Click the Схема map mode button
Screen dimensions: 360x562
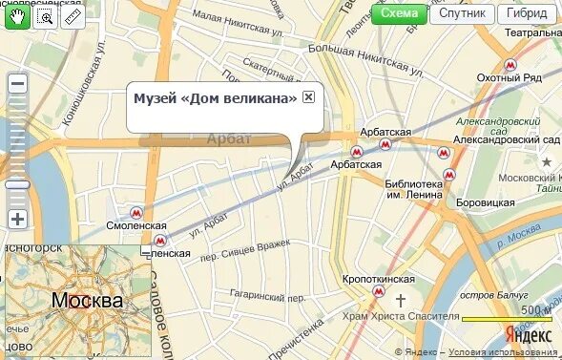pyautogui.click(x=399, y=13)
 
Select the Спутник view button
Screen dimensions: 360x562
pyautogui.click(x=463, y=13)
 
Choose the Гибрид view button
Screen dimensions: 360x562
pyautogui.click(x=528, y=13)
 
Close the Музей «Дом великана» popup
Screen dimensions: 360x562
pyautogui.click(x=308, y=97)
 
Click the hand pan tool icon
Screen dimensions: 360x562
pyautogui.click(x=17, y=16)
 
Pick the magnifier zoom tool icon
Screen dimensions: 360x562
pyautogui.click(x=45, y=16)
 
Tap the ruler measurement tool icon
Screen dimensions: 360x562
pyautogui.click(x=73, y=16)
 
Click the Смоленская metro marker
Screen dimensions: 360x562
pyautogui.click(x=137, y=214)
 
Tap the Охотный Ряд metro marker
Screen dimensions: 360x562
pyautogui.click(x=510, y=65)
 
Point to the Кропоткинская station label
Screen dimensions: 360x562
pyautogui.click(x=379, y=279)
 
